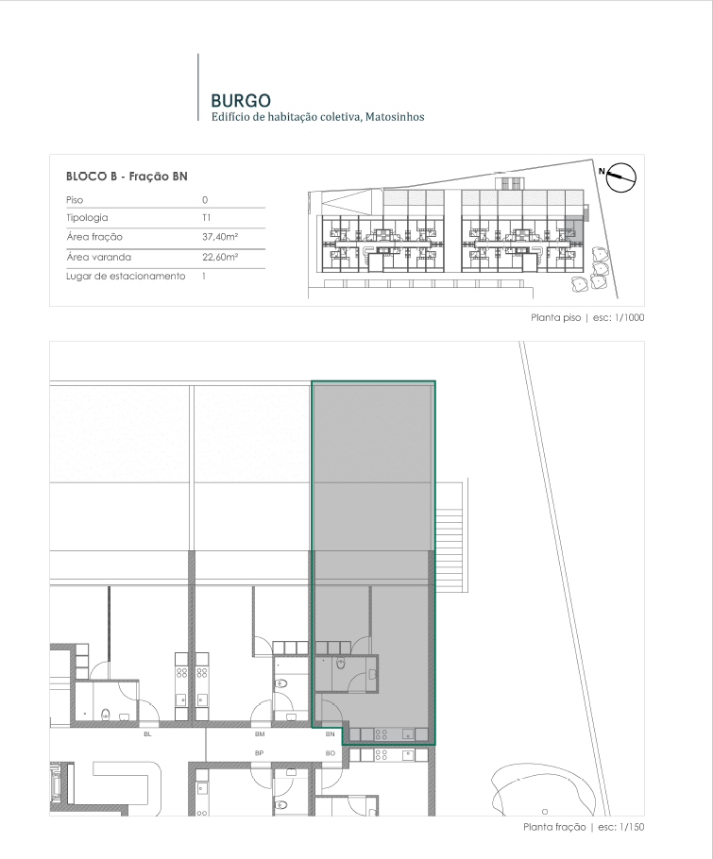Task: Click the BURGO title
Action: click(241, 101)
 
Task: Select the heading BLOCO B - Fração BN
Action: click(127, 177)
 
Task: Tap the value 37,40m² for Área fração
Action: click(220, 237)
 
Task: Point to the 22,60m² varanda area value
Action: click(220, 257)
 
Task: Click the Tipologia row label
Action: click(87, 218)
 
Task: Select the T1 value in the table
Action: click(206, 217)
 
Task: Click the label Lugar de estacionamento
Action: click(126, 276)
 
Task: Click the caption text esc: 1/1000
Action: click(619, 318)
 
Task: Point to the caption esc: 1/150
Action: click(621, 827)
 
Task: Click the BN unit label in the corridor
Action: click(330, 734)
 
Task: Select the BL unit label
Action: click(147, 734)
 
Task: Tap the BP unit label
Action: click(259, 753)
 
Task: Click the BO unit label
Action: click(330, 753)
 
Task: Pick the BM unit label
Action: click(260, 734)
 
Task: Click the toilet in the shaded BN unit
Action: click(340, 664)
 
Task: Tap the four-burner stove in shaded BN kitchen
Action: click(382, 734)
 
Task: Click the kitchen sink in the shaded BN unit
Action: click(408, 734)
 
